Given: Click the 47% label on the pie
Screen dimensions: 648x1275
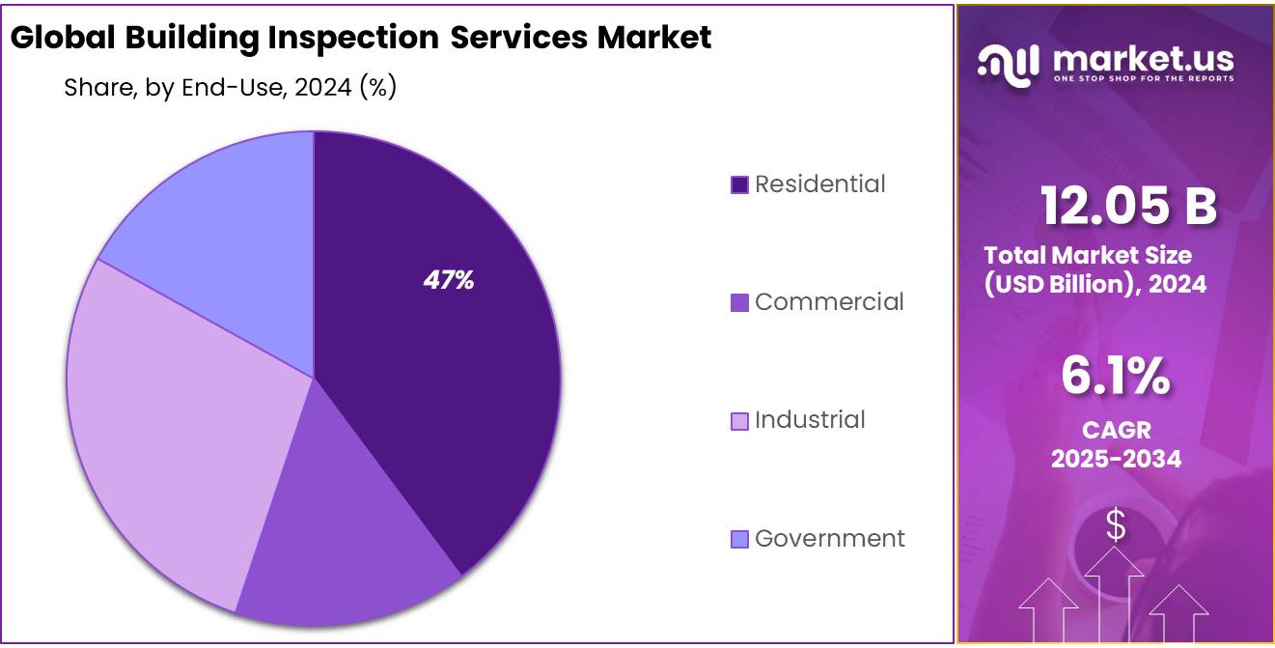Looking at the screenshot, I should (449, 280).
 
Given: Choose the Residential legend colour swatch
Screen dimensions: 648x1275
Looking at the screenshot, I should (740, 185).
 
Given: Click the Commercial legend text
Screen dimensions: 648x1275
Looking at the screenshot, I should (829, 302).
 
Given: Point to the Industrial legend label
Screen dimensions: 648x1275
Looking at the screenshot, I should (810, 420).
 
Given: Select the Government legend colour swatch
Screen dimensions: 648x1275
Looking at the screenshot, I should (740, 539).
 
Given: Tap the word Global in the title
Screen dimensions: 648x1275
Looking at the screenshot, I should (63, 38).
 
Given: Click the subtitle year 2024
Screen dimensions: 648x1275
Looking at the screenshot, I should (323, 88).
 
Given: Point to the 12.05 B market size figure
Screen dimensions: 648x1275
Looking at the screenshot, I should (1128, 206).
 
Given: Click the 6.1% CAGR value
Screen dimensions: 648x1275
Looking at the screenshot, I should (1116, 376).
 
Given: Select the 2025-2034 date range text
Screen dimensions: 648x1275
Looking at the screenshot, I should (1116, 459).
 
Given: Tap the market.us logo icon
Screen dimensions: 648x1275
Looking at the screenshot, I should (1009, 63).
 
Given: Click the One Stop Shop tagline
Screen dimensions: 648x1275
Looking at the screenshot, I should (1144, 79).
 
